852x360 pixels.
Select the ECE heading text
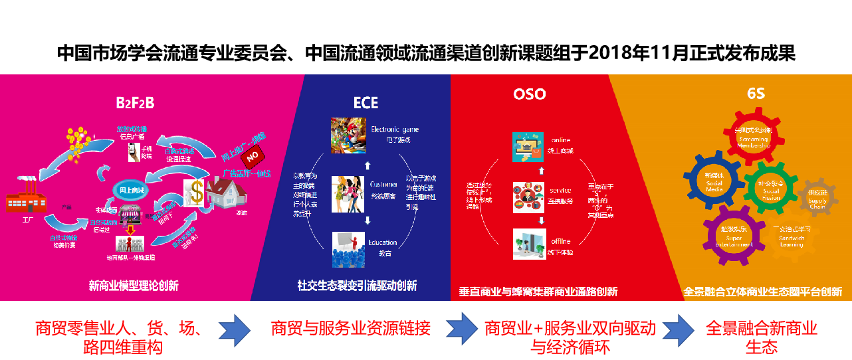coord(366,103)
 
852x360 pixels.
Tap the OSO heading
coord(529,94)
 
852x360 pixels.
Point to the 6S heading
coord(756,94)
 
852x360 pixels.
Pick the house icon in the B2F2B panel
coord(225,193)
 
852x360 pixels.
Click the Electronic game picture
coord(348,135)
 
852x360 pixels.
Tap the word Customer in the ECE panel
coord(383,184)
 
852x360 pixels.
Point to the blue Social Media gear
coord(714,181)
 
